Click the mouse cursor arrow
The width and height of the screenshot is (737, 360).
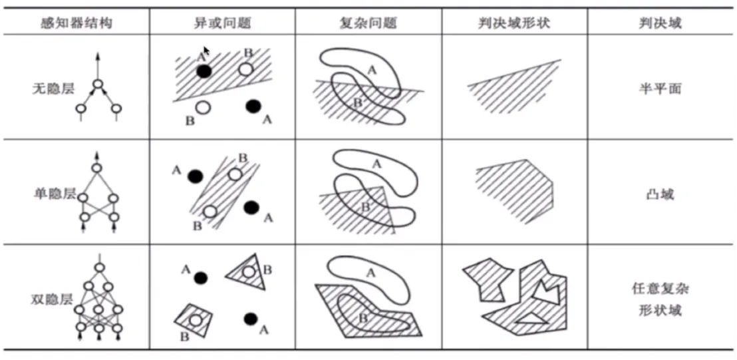(206, 51)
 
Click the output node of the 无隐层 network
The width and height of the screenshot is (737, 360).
(98, 85)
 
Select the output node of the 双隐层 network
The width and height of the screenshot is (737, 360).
(98, 268)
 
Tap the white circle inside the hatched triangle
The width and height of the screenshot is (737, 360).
(249, 271)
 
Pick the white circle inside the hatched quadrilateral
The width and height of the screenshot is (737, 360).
(196, 321)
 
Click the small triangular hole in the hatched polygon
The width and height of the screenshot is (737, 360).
(531, 319)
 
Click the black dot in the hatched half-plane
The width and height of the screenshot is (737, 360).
(204, 71)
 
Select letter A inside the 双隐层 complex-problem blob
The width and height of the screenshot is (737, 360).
(369, 273)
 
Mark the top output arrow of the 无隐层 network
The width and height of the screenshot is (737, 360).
(98, 66)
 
